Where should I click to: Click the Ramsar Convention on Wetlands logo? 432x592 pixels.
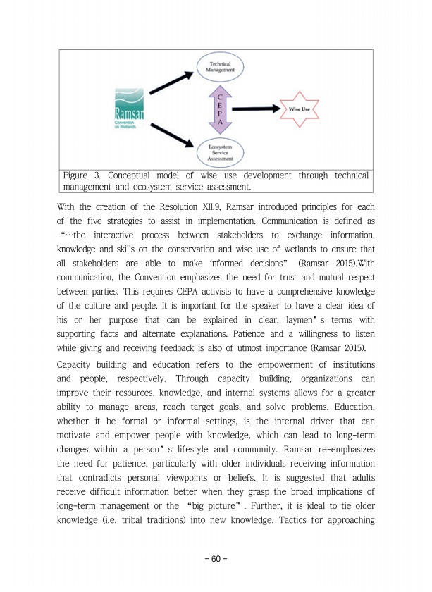[x=129, y=109]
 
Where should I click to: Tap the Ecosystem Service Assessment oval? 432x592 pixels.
[x=219, y=150]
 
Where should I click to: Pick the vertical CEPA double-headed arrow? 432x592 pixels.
[x=220, y=109]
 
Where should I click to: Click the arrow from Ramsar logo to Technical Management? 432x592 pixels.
[x=170, y=82]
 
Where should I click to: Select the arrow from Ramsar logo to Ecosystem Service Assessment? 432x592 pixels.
[x=171, y=135]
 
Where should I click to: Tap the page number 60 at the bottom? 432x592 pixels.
[x=216, y=559]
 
